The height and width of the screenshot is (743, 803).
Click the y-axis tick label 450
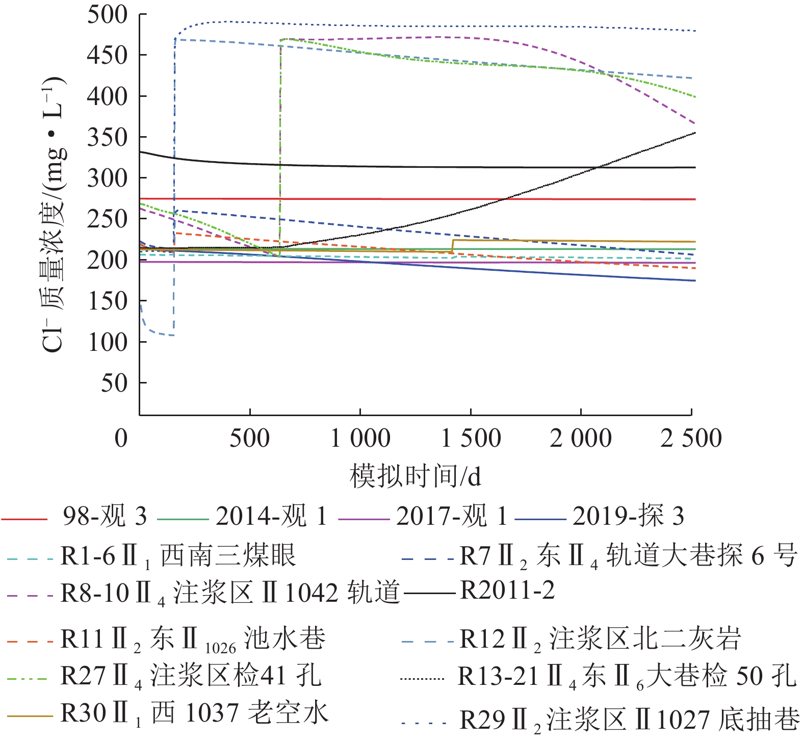click(x=107, y=56)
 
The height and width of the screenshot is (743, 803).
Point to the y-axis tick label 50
click(x=114, y=383)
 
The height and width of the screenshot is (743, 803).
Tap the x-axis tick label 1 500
click(x=471, y=438)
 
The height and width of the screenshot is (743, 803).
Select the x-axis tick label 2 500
click(x=691, y=438)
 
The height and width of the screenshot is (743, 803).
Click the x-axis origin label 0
click(x=121, y=438)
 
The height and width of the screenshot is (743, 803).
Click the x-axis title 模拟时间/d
click(x=415, y=476)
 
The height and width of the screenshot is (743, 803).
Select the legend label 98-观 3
click(x=105, y=517)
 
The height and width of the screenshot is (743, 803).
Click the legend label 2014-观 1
click(x=271, y=517)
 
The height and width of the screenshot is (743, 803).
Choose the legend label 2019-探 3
click(x=628, y=517)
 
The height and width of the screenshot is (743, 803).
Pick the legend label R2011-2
click(x=507, y=591)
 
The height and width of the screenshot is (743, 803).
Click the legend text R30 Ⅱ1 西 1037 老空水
click(x=194, y=713)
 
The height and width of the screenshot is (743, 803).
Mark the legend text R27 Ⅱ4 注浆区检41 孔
click(x=191, y=676)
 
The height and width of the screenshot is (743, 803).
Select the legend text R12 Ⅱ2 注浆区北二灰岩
click(x=600, y=639)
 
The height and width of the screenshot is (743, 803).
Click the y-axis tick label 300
click(x=107, y=178)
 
